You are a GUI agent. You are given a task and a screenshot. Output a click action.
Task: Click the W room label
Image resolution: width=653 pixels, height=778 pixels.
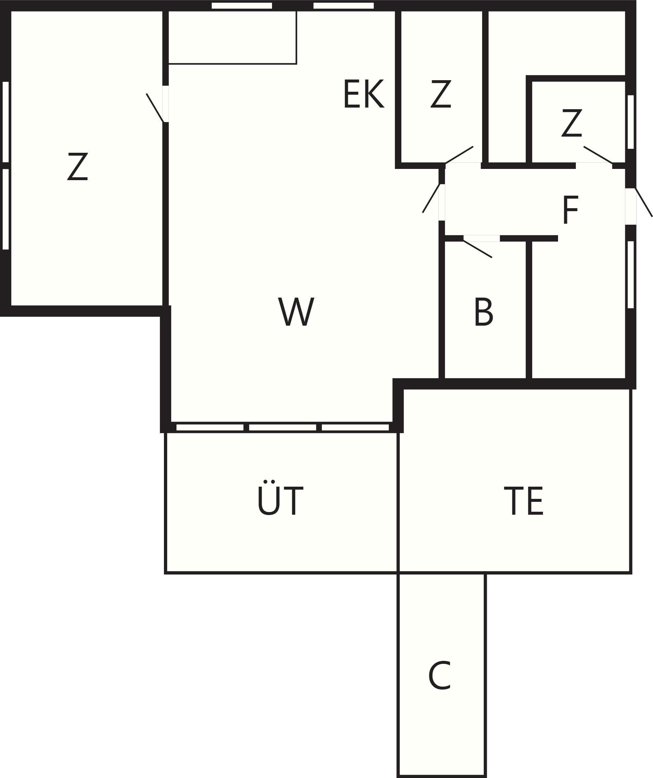(x=296, y=311)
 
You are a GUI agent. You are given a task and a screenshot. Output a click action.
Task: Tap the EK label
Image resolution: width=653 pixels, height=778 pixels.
(x=364, y=94)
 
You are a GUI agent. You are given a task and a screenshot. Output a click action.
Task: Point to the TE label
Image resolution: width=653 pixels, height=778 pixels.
(x=524, y=501)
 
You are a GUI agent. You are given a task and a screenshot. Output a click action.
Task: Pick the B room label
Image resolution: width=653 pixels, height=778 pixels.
(x=484, y=311)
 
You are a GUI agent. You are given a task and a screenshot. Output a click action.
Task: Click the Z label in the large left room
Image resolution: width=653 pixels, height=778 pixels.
(x=78, y=166)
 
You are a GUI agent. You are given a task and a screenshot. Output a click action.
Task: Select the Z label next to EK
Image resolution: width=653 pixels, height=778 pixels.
(x=441, y=94)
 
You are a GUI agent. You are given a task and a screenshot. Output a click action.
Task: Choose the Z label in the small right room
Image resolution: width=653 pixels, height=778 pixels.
(x=572, y=123)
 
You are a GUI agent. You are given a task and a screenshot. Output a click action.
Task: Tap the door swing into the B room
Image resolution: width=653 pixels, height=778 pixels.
(x=478, y=249)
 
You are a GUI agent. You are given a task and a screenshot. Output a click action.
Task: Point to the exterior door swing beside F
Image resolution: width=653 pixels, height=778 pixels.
(x=644, y=202)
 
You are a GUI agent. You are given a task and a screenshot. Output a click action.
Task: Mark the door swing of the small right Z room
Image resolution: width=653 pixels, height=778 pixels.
(x=598, y=155)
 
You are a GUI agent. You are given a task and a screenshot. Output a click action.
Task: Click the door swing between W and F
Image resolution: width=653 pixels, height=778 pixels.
(x=431, y=198)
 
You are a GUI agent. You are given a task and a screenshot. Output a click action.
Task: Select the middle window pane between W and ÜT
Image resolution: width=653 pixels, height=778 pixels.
(x=282, y=427)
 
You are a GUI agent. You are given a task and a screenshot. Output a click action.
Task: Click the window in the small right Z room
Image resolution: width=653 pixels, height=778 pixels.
(x=630, y=122)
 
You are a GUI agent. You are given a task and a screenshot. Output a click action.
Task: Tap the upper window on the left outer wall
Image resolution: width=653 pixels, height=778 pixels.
(x=6, y=122)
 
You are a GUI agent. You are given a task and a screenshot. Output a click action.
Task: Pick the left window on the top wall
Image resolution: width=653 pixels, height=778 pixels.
(x=241, y=6)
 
